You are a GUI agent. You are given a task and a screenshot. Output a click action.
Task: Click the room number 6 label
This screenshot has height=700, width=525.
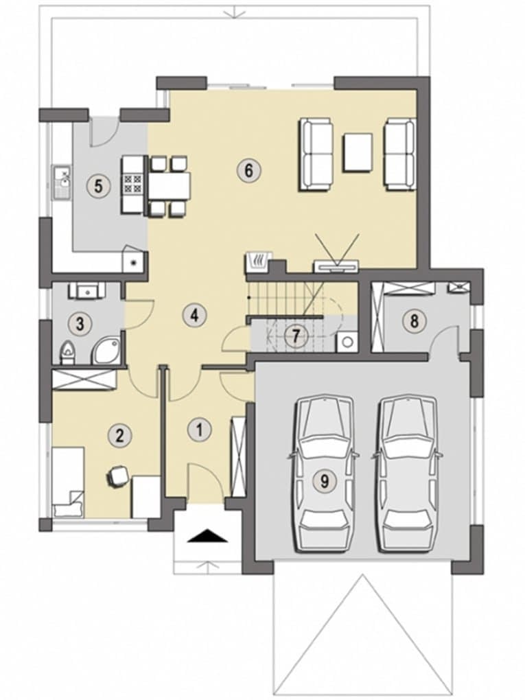point(248,170)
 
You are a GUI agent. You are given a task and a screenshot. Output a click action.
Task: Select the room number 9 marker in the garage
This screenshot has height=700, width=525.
point(325,481)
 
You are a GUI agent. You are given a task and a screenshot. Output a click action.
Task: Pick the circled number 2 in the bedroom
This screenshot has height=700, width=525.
point(119,435)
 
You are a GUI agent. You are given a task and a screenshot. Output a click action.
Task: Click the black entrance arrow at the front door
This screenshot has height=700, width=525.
point(208,535)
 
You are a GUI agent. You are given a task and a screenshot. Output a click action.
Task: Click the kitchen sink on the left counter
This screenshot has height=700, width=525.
point(62,182)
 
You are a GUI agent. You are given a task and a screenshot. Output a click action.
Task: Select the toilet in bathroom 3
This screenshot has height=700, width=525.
point(67,352)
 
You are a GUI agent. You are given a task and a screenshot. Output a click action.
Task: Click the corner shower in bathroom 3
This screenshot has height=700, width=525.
point(106,351)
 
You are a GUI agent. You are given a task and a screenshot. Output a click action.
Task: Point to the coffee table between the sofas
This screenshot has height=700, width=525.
point(358,152)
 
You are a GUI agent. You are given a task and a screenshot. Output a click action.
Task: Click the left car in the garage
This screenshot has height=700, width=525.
point(324,474)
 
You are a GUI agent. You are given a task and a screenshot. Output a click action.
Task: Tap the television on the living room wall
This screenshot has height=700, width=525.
point(336,266)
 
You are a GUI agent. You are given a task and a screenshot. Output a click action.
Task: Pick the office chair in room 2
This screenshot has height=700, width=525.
point(118,476)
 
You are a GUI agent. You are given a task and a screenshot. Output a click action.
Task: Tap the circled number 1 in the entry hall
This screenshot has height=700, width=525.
point(199,430)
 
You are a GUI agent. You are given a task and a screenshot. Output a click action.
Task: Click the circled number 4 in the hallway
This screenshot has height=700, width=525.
point(194,315)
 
